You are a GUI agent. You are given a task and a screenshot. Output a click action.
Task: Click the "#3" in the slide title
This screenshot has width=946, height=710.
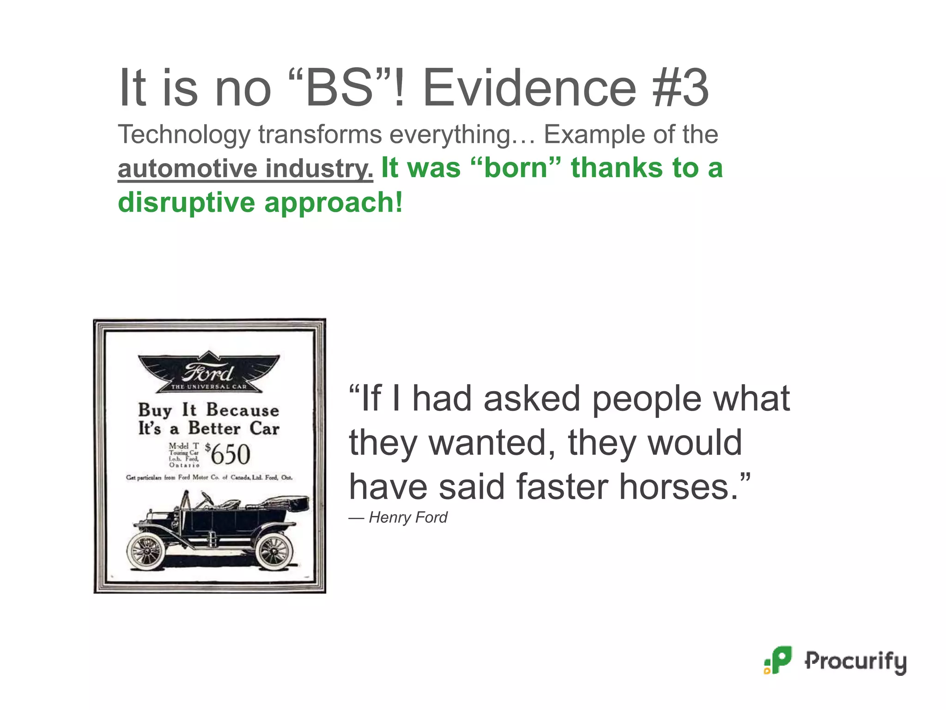pyautogui.click(x=680, y=88)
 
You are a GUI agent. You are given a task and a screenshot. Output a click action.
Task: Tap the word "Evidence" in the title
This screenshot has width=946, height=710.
pyautogui.click(x=529, y=88)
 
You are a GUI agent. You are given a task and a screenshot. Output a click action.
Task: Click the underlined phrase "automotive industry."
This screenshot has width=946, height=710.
pyautogui.click(x=245, y=168)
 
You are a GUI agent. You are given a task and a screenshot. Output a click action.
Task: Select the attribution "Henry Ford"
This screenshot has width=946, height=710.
pyautogui.click(x=408, y=517)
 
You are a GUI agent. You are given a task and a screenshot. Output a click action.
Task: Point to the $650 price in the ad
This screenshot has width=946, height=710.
pyautogui.click(x=229, y=454)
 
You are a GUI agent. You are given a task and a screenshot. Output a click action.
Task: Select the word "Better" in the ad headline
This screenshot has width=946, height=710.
pyautogui.click(x=214, y=428)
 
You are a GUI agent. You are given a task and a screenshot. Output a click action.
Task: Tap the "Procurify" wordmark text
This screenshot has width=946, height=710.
pyautogui.click(x=855, y=661)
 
